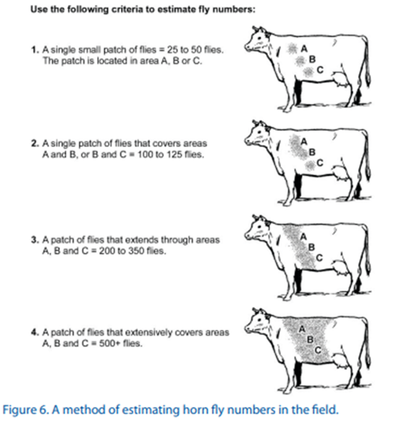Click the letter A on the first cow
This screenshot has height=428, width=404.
[304, 49]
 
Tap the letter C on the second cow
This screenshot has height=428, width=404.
[320, 163]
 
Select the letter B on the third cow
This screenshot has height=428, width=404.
[311, 247]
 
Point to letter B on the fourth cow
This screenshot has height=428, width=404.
[310, 339]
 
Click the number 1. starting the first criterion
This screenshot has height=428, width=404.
[35, 50]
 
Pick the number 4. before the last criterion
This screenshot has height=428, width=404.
[35, 332]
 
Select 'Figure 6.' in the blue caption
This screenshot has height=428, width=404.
[26, 410]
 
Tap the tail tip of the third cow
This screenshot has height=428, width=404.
[369, 269]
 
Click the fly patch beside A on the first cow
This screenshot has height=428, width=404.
[293, 49]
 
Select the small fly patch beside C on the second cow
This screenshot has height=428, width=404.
[309, 165]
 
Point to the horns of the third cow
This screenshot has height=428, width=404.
[259, 218]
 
